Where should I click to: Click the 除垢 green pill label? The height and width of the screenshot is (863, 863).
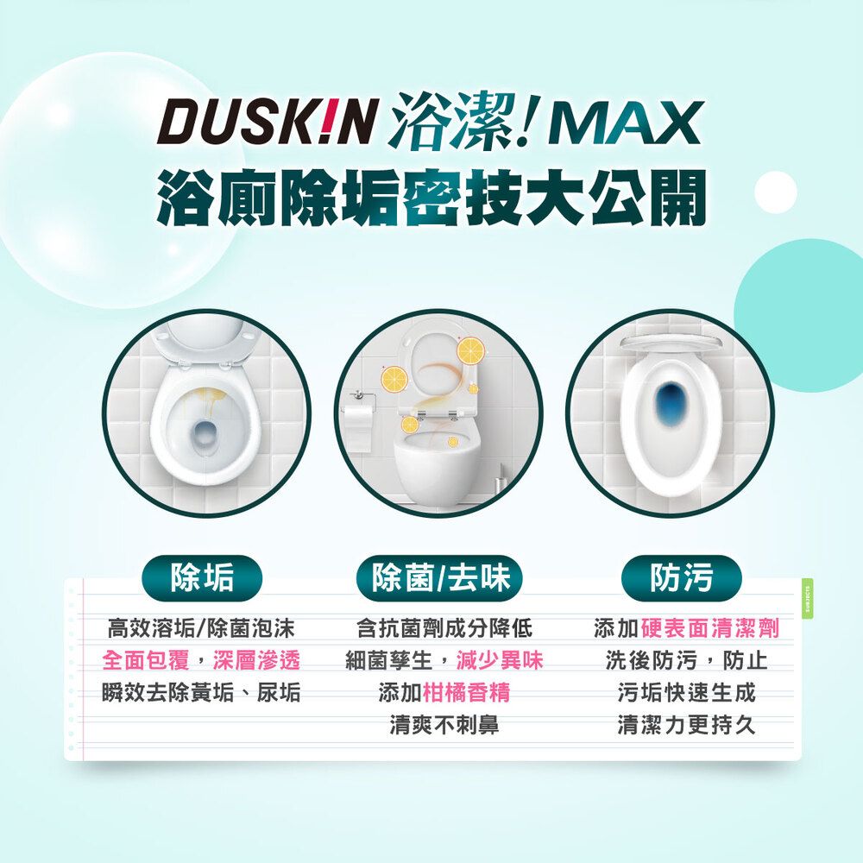tap(203, 577)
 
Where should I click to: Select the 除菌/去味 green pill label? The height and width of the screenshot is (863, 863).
tap(440, 577)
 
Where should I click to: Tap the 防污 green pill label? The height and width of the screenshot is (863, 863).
tap(682, 577)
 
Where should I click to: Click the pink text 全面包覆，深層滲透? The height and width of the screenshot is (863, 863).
tap(201, 661)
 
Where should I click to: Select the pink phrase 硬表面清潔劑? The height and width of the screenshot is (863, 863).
tap(709, 629)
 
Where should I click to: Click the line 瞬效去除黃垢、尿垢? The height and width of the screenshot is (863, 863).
tap(201, 692)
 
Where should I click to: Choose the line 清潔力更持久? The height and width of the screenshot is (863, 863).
tap(686, 724)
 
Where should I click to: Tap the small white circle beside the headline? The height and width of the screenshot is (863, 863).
tap(775, 192)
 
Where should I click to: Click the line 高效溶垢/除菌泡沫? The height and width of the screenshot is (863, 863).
tap(201, 629)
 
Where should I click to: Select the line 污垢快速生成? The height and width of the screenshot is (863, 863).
tap(686, 692)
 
